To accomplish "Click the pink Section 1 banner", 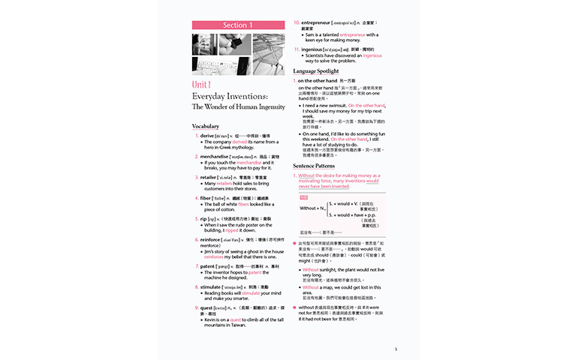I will point(238,25).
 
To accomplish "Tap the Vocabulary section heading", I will point(206,126).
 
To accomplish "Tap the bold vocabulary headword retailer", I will point(209,176).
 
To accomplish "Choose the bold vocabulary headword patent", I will point(207,266).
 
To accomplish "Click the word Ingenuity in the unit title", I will point(268,106).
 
